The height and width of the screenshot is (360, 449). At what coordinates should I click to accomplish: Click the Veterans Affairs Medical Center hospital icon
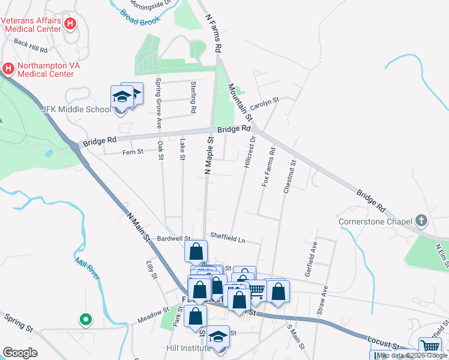click(x=71, y=24)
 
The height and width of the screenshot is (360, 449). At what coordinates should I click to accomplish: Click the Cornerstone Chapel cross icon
click(x=422, y=220)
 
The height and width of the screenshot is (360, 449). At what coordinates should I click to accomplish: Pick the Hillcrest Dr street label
click(x=249, y=151)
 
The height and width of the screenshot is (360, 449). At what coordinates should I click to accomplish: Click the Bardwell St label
click(x=170, y=239)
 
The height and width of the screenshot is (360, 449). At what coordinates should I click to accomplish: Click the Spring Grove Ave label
click(x=159, y=103)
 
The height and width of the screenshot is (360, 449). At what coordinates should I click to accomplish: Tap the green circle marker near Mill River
click(x=85, y=319)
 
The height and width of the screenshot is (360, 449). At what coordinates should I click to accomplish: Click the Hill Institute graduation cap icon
click(x=218, y=337)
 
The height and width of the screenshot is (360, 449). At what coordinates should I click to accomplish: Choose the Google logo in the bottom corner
click(x=20, y=353)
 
